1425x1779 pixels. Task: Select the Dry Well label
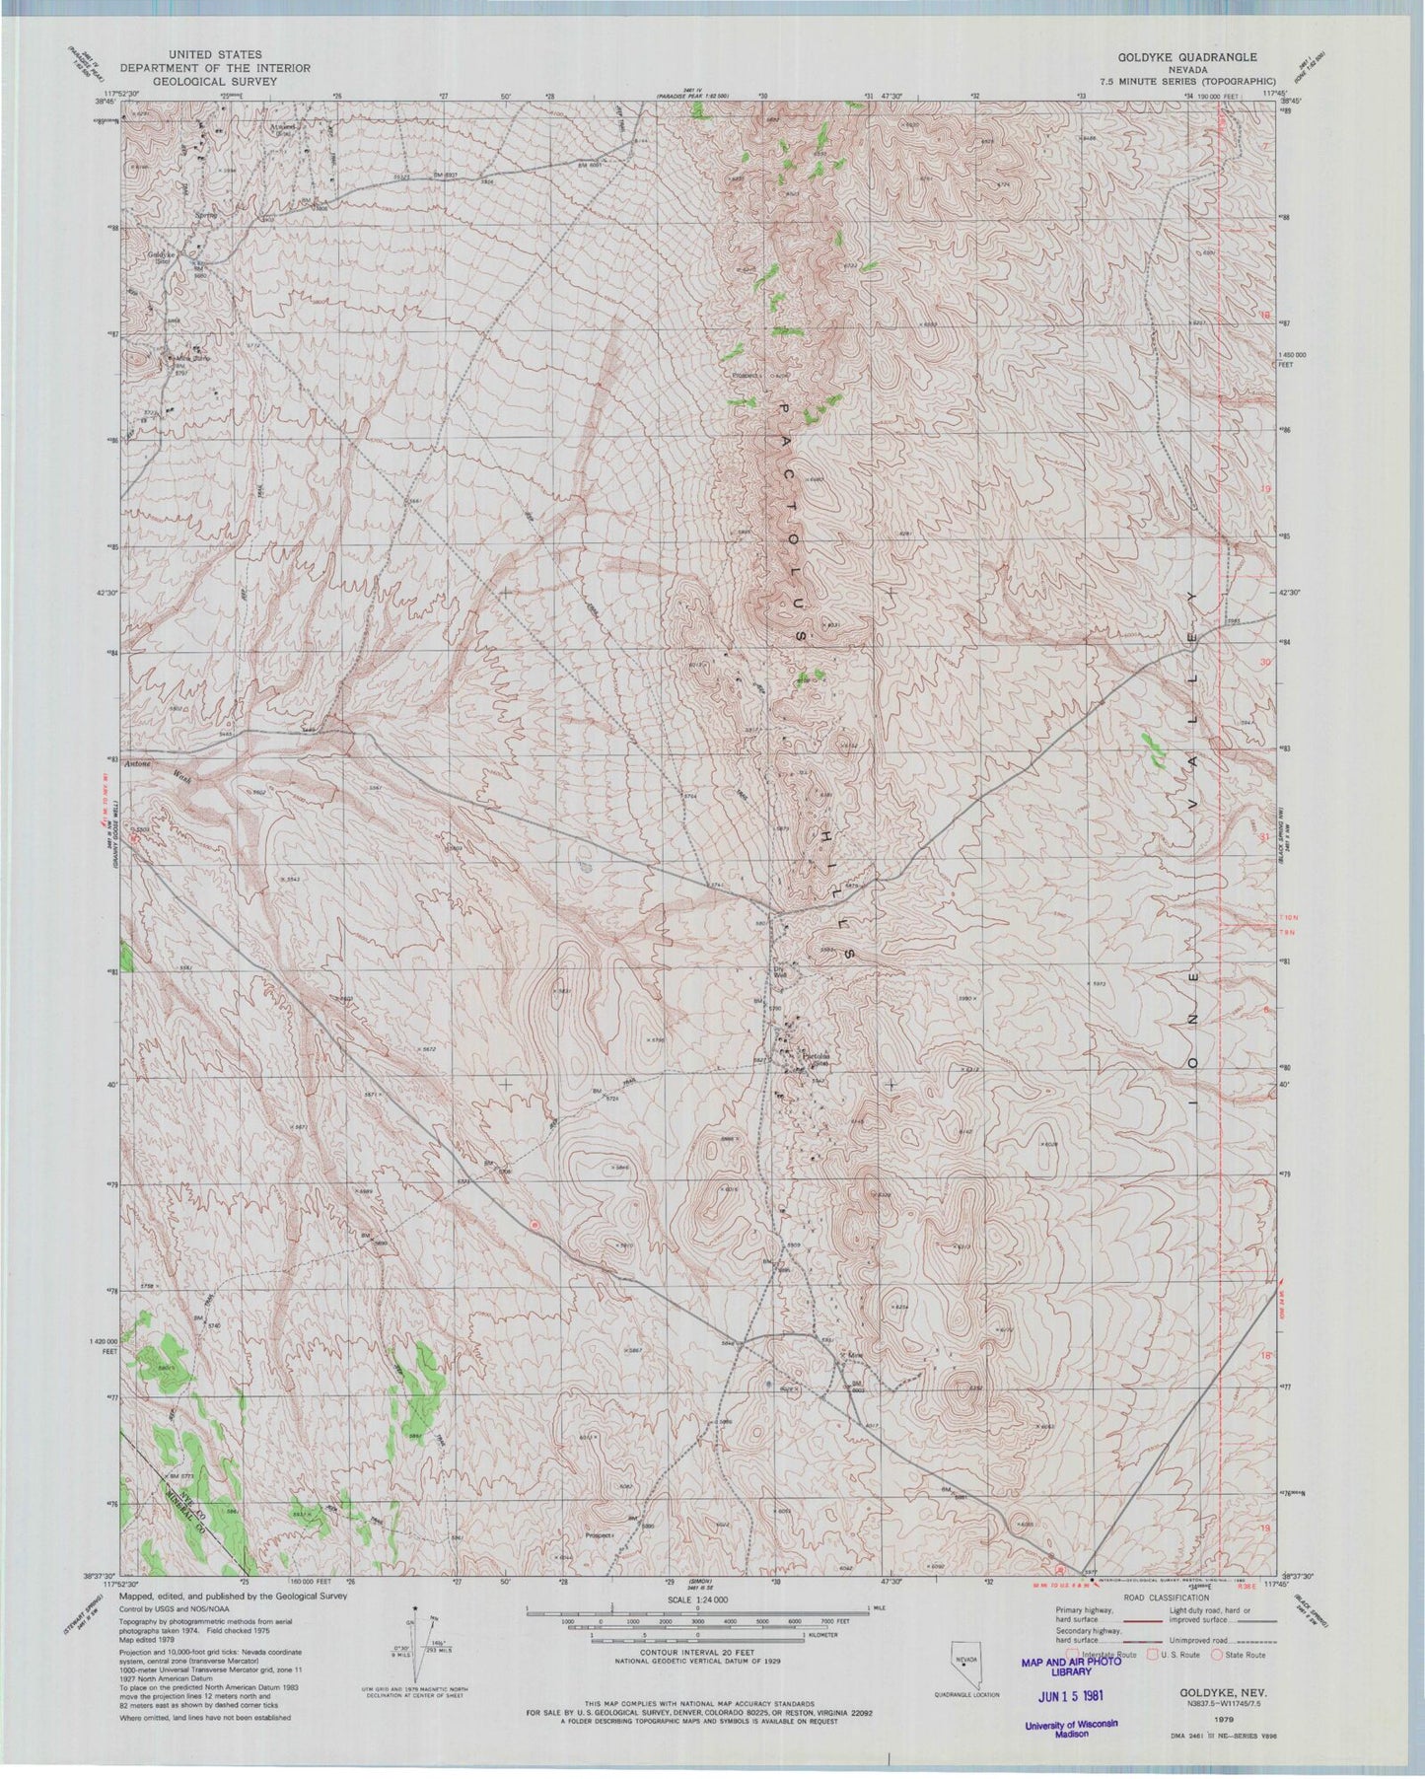[x=775, y=970]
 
